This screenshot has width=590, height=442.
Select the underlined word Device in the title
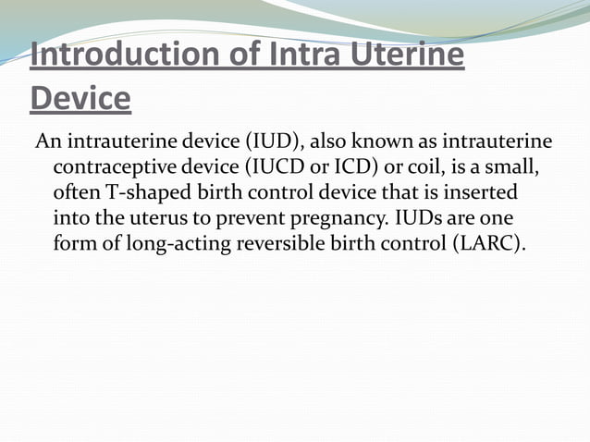[x=80, y=97]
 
